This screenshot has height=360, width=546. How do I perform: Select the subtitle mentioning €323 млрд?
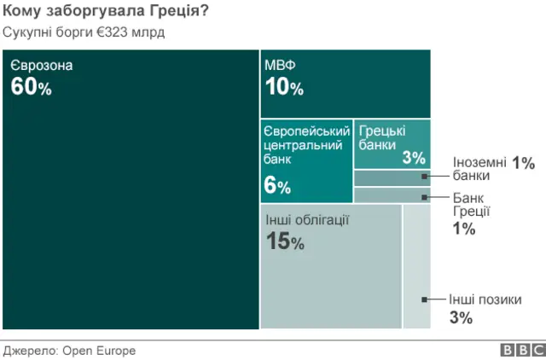pos(84,32)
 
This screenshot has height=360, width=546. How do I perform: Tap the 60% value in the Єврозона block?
pos(32,87)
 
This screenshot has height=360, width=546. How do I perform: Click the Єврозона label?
pos(43,66)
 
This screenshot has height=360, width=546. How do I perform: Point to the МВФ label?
pos(281,66)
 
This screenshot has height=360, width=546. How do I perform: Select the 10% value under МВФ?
pos(284,87)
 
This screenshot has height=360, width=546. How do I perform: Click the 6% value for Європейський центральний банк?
pos(277,186)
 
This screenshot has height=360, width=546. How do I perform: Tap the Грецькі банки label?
pos(382,137)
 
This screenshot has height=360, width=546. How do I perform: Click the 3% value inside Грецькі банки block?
pos(414,157)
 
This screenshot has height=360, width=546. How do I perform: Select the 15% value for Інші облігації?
pos(285,242)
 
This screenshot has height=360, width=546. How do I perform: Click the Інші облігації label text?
pos(307,220)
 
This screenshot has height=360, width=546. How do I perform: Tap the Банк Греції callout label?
pos(471,206)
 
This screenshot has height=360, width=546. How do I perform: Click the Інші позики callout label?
pos(485,299)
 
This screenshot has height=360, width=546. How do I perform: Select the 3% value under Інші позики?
pos(461,318)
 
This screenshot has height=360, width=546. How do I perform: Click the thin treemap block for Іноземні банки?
pos(391,177)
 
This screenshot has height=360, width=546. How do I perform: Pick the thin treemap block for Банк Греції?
pos(391,195)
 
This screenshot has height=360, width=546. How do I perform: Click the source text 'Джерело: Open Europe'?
pos(70,350)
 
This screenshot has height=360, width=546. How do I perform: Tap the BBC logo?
pos(522,350)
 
